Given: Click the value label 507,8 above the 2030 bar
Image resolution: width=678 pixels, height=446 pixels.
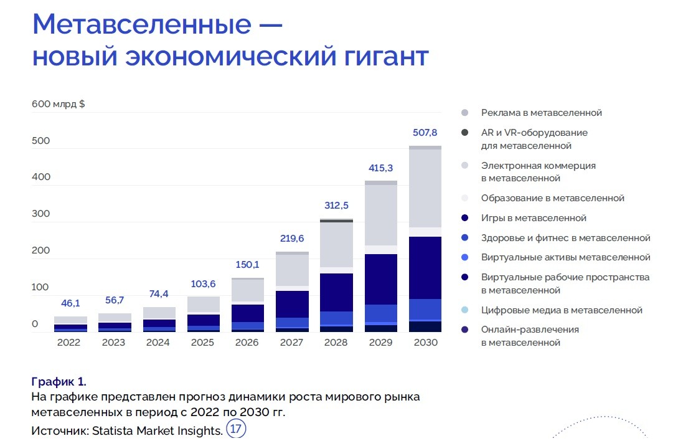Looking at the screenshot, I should pyautogui.click(x=425, y=133).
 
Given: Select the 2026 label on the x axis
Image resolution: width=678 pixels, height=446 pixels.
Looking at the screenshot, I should pyautogui.click(x=247, y=343).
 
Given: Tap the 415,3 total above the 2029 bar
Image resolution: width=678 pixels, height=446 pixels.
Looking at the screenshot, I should pyautogui.click(x=381, y=168).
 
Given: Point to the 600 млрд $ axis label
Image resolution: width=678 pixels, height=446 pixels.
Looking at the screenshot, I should pyautogui.click(x=59, y=104).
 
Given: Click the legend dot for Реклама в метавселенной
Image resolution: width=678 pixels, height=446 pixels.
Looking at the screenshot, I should pyautogui.click(x=464, y=113).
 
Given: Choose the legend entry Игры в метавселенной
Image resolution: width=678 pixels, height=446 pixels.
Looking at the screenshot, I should pyautogui.click(x=534, y=218).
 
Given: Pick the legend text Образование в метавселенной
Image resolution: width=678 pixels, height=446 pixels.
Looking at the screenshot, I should pyautogui.click(x=552, y=198).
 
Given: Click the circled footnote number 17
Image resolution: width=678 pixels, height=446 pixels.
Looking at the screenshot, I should pyautogui.click(x=237, y=429).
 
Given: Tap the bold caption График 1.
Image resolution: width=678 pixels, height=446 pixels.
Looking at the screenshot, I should pyautogui.click(x=59, y=382).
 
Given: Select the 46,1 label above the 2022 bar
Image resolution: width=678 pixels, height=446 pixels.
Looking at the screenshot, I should pyautogui.click(x=70, y=303).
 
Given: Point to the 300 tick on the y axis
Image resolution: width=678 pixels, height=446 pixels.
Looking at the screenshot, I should pyautogui.click(x=40, y=214).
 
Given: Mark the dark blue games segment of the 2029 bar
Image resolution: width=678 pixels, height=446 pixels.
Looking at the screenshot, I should pyautogui.click(x=381, y=279).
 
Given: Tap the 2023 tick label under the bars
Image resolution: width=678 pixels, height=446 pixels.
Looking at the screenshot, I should pyautogui.click(x=113, y=343).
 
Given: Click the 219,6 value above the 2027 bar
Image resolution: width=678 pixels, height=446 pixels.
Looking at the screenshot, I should pyautogui.click(x=292, y=239).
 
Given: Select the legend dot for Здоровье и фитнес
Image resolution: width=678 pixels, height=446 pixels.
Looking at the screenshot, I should pyautogui.click(x=464, y=238).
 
